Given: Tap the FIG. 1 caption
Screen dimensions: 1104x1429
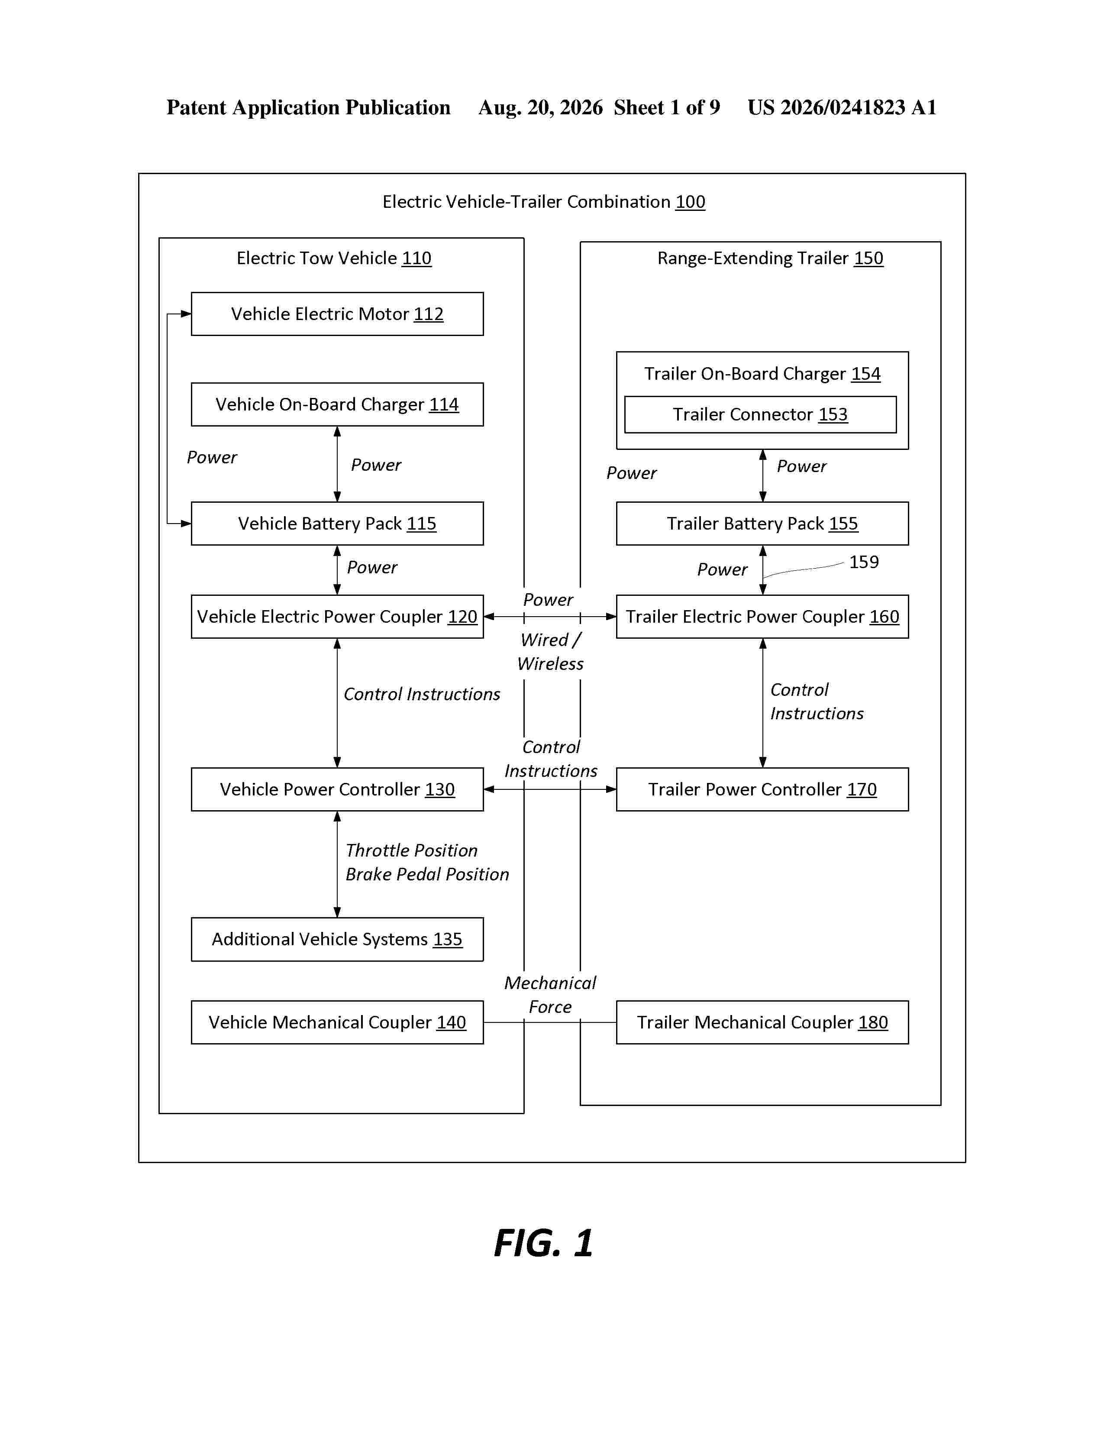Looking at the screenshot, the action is click(543, 1243).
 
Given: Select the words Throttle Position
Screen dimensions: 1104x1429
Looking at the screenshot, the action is click(411, 850).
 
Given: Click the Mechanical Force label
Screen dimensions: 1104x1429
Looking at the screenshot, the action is click(550, 995).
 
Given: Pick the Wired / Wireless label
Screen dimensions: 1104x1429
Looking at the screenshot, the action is click(550, 652).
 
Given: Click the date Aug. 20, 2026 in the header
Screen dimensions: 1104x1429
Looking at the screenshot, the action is click(540, 107).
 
